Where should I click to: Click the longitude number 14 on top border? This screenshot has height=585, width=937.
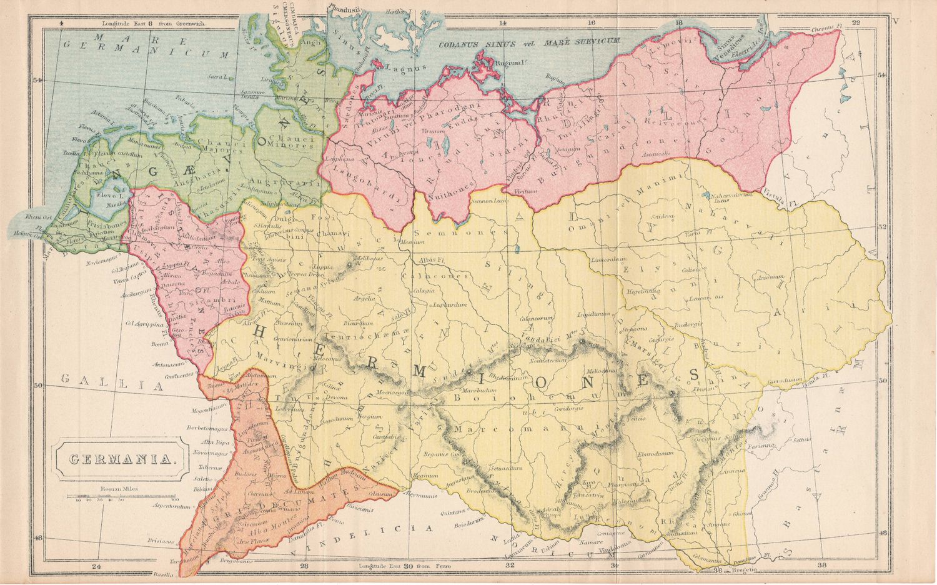pyautogui.click(x=503, y=24)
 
